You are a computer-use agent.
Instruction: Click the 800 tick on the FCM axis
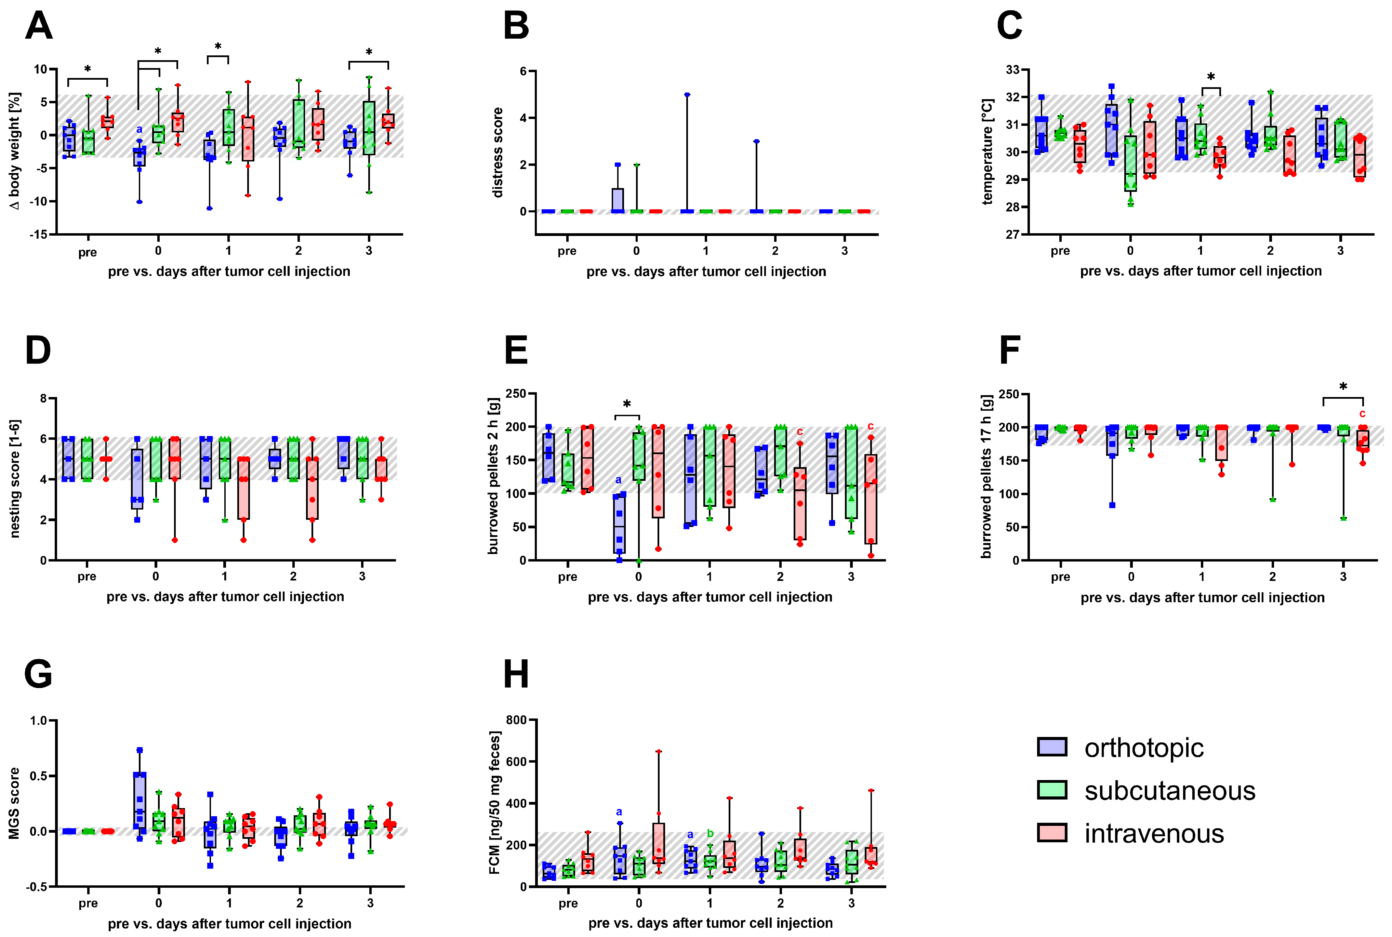(516, 720)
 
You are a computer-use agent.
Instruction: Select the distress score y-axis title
(497, 153)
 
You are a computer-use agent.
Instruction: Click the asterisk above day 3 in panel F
(1343, 387)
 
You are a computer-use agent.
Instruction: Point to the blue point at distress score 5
(687, 94)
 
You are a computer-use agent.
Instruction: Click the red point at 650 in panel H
(659, 752)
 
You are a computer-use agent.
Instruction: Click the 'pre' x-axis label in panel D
(87, 577)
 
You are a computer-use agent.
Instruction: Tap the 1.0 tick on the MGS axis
(38, 721)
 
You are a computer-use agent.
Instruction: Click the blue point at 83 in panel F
(1112, 505)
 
